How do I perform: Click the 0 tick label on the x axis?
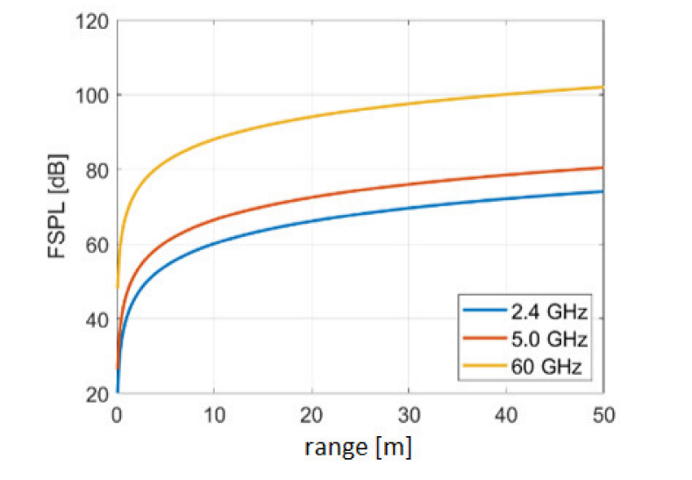coord(118,412)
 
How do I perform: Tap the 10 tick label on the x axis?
coord(214,412)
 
